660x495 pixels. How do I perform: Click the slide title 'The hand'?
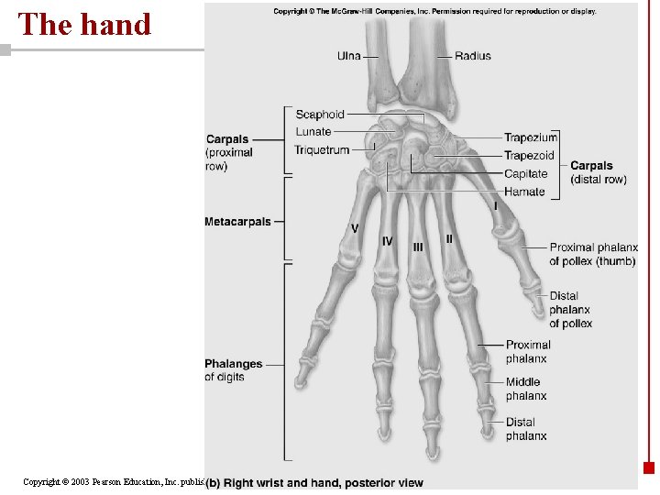(x=84, y=25)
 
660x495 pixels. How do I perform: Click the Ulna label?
(x=348, y=56)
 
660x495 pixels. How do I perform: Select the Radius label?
(x=473, y=56)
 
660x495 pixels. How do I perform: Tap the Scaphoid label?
(x=320, y=115)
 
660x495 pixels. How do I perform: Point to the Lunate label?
(x=313, y=132)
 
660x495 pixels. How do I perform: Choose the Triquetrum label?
(x=322, y=149)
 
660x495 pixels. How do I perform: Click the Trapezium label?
(x=531, y=137)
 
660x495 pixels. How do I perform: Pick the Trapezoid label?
(x=529, y=156)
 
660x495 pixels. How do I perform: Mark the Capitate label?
(x=525, y=173)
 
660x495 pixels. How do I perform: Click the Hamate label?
(x=524, y=192)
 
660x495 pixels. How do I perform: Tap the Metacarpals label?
(x=237, y=222)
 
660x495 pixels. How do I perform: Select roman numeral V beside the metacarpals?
(x=355, y=227)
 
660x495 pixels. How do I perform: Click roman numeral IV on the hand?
(x=388, y=241)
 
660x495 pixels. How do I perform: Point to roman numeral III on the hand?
(x=418, y=247)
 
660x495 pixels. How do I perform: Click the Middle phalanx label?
(x=525, y=389)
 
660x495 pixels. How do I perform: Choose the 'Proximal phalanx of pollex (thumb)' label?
(x=594, y=254)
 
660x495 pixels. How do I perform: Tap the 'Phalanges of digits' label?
(x=233, y=370)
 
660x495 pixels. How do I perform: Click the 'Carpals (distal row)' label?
(x=598, y=172)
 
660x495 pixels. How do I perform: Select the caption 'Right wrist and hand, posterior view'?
(x=314, y=483)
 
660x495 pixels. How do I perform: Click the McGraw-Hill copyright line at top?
(x=434, y=11)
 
